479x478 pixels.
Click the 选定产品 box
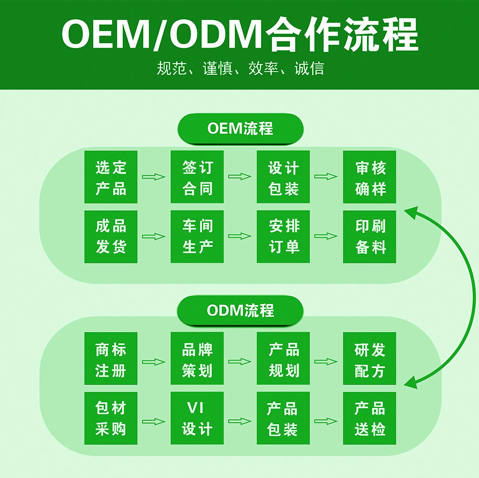pyautogui.click(x=111, y=177)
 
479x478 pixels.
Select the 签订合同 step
pyautogui.click(x=197, y=177)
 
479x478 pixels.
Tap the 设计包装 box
pyautogui.click(x=283, y=177)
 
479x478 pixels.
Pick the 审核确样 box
pyautogui.click(x=369, y=177)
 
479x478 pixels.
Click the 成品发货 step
pyautogui.click(x=111, y=237)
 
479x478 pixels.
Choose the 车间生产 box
pyautogui.click(x=197, y=237)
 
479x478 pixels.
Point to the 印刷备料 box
pyautogui.click(x=369, y=237)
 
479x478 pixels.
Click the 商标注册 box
pyautogui.click(x=111, y=358)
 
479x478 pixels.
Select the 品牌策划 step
pyautogui.click(x=197, y=358)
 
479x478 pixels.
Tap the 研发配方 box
pyautogui.click(x=369, y=358)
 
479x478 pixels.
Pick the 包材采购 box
pyautogui.click(x=111, y=418)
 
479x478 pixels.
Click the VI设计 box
pyautogui.click(x=197, y=418)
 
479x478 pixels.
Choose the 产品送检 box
pyautogui.click(x=369, y=418)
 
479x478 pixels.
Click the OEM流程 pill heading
pyautogui.click(x=240, y=128)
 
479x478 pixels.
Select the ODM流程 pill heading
pyautogui.click(x=240, y=310)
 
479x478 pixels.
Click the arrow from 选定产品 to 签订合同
pyautogui.click(x=154, y=177)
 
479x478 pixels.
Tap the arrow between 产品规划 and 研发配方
pyautogui.click(x=326, y=362)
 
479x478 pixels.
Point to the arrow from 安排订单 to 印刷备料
pyautogui.click(x=326, y=236)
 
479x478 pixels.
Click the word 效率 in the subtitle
pyautogui.click(x=263, y=68)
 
